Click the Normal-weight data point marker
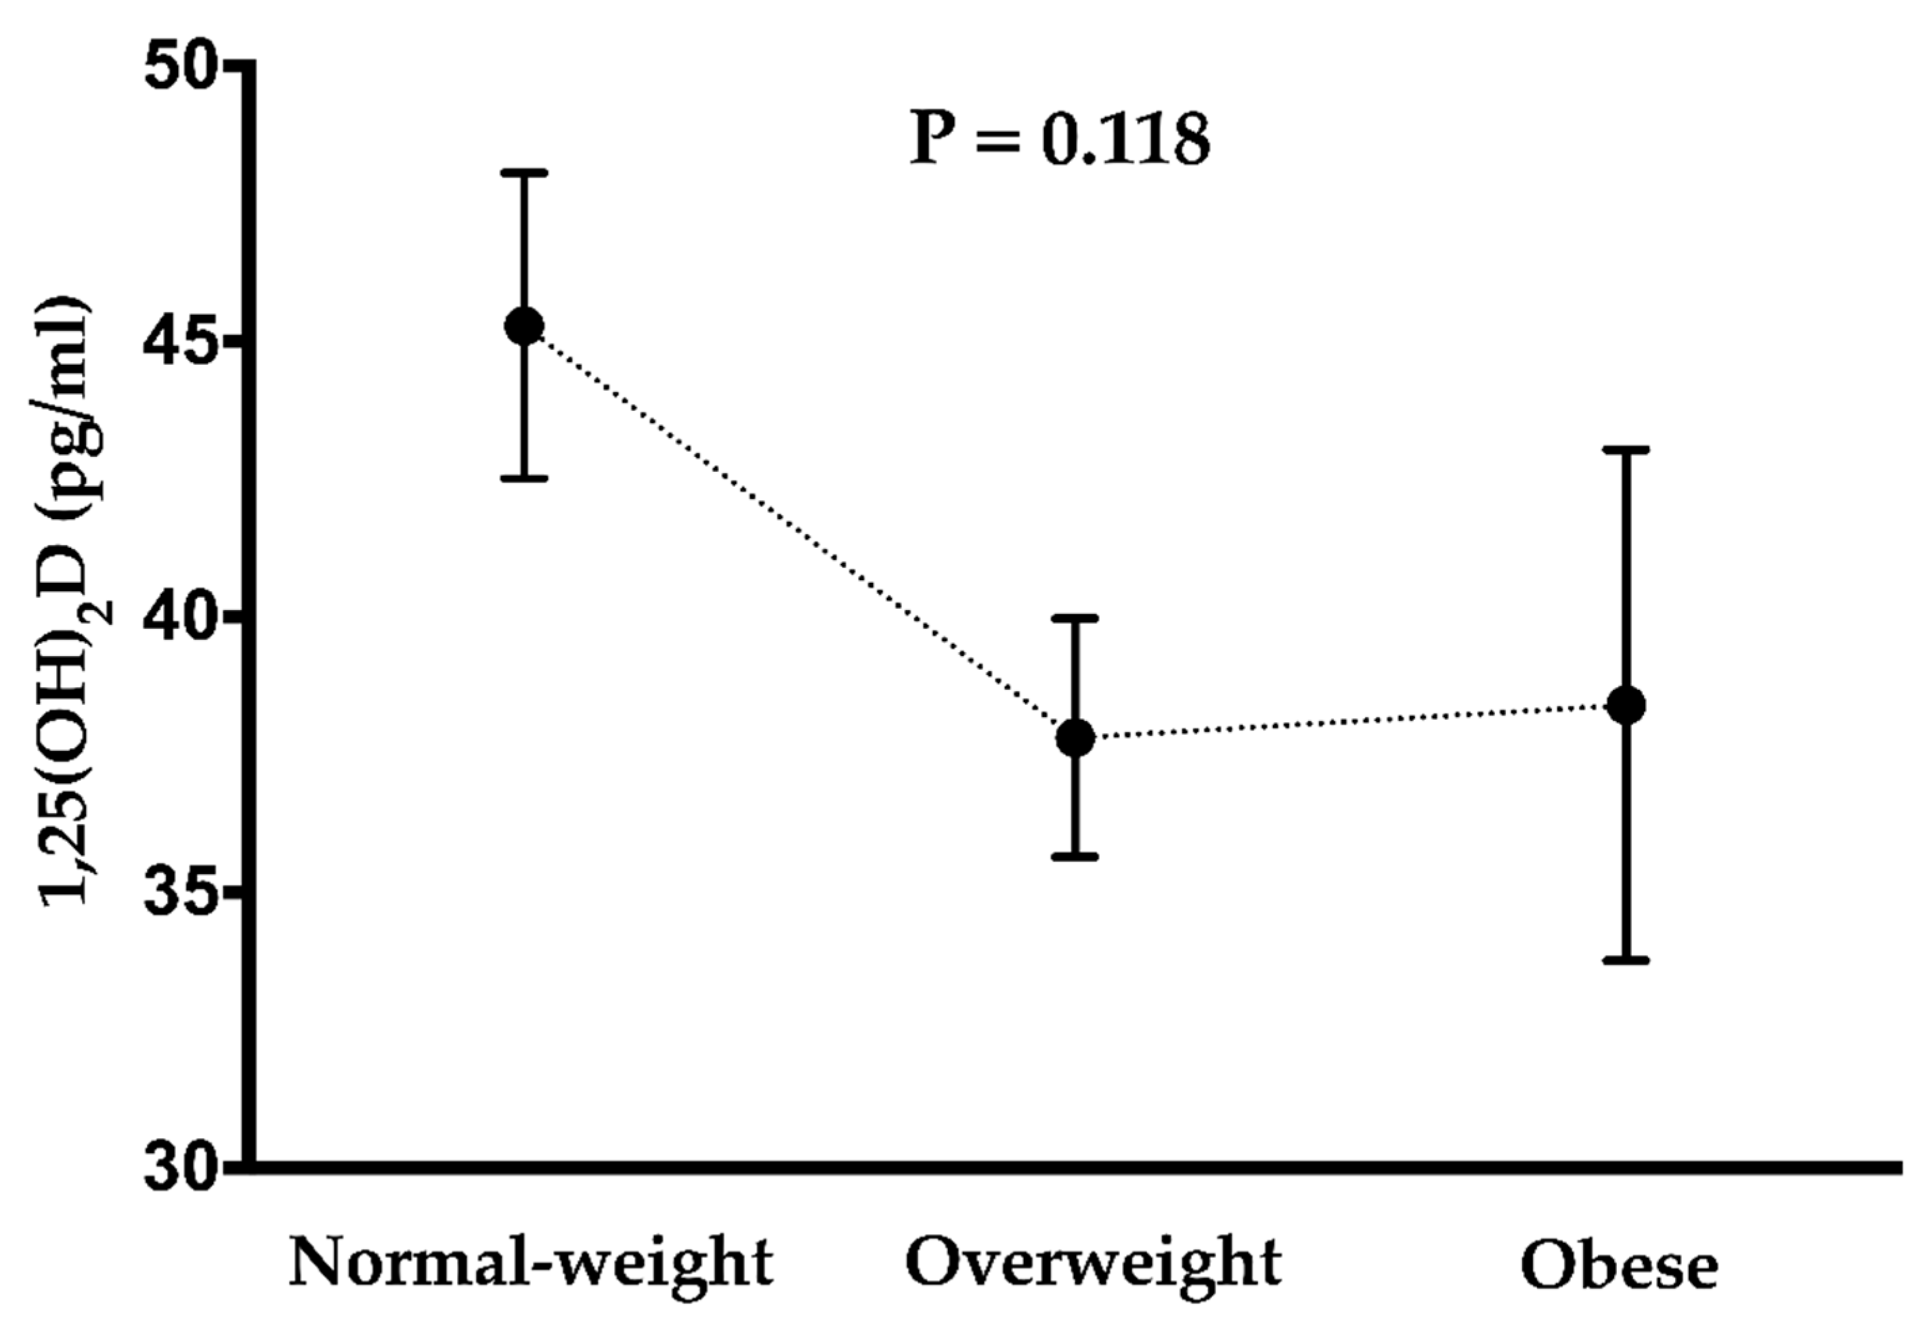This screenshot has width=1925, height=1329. tap(525, 326)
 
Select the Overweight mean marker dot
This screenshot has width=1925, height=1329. tap(1075, 738)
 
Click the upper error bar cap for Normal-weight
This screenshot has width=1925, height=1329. tap(525, 173)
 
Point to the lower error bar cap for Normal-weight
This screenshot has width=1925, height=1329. tap(525, 478)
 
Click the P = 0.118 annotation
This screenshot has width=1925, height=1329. tap(1059, 139)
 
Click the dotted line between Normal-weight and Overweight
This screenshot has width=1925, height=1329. tap(799, 531)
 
